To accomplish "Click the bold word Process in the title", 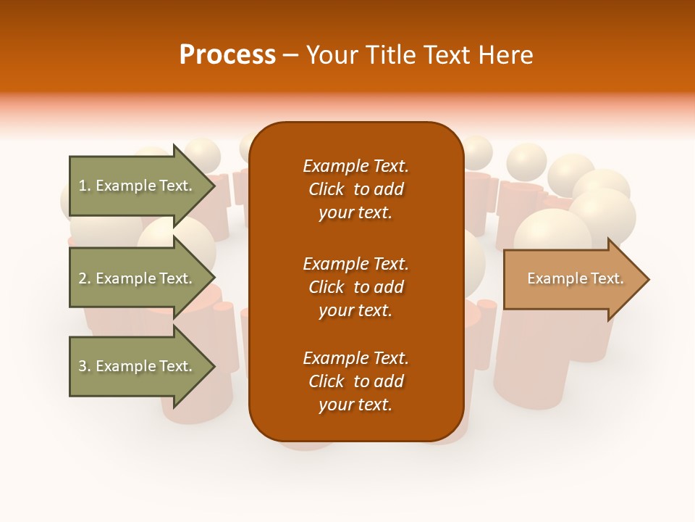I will [x=227, y=55].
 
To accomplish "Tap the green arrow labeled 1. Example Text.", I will [x=135, y=186].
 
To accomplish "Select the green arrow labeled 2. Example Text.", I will [x=135, y=278].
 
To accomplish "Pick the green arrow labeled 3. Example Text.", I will [x=135, y=366].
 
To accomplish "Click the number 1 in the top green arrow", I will [x=83, y=186].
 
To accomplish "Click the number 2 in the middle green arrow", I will [x=83, y=278].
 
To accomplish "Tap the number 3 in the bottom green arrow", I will [x=83, y=366].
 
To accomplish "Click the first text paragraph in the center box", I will [x=355, y=189].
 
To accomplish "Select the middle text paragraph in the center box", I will [x=355, y=287].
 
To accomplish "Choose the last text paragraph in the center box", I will [x=355, y=381].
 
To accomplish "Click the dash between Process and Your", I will [x=291, y=55].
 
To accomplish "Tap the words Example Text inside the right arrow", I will [x=575, y=278].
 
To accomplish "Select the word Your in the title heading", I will [x=329, y=55].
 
